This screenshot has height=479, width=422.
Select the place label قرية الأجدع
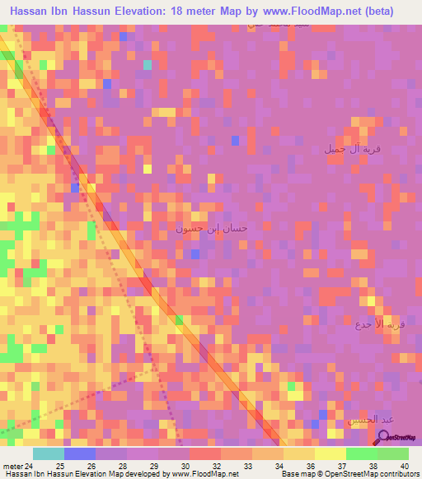(382, 324)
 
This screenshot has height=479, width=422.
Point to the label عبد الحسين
(367, 420)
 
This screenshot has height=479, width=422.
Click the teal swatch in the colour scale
(49, 453)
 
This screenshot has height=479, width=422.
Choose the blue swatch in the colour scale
(80, 453)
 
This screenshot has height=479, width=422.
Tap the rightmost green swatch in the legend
(393, 453)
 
